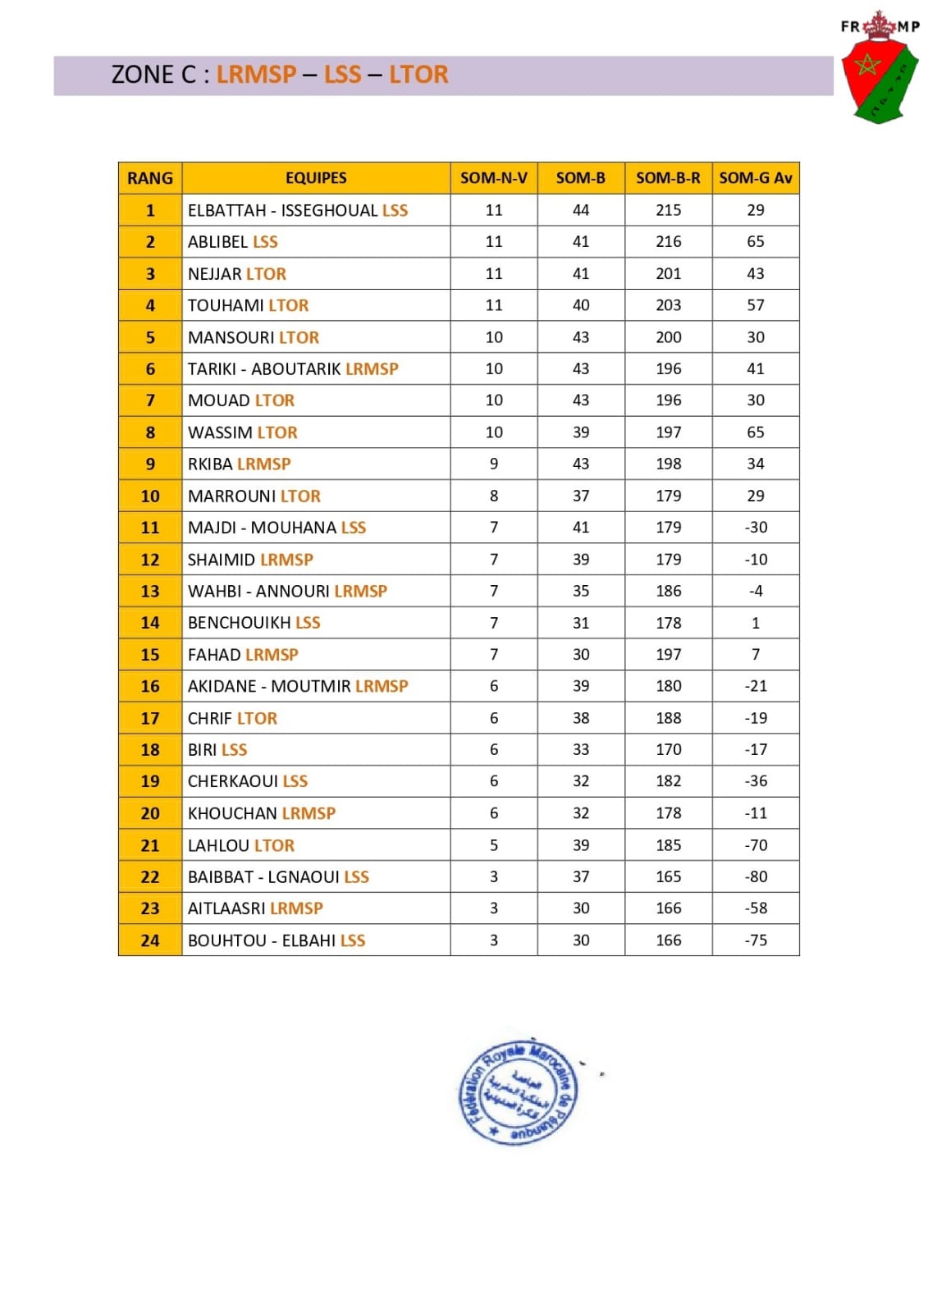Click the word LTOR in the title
(x=418, y=75)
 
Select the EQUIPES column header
(x=316, y=178)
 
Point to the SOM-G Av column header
(x=755, y=178)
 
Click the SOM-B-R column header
(x=668, y=178)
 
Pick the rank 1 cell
(x=150, y=210)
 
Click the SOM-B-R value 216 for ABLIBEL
(x=668, y=242)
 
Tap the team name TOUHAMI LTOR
(x=248, y=305)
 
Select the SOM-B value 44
(x=581, y=210)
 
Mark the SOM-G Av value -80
(x=756, y=876)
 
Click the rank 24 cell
(x=150, y=940)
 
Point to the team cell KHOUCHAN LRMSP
(x=262, y=813)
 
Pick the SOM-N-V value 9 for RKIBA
(x=494, y=464)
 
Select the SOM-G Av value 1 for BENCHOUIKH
(x=756, y=623)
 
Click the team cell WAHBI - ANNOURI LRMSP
(x=287, y=591)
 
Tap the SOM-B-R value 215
(x=668, y=210)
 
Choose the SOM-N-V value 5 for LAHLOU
(x=494, y=845)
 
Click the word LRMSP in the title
(x=256, y=75)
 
